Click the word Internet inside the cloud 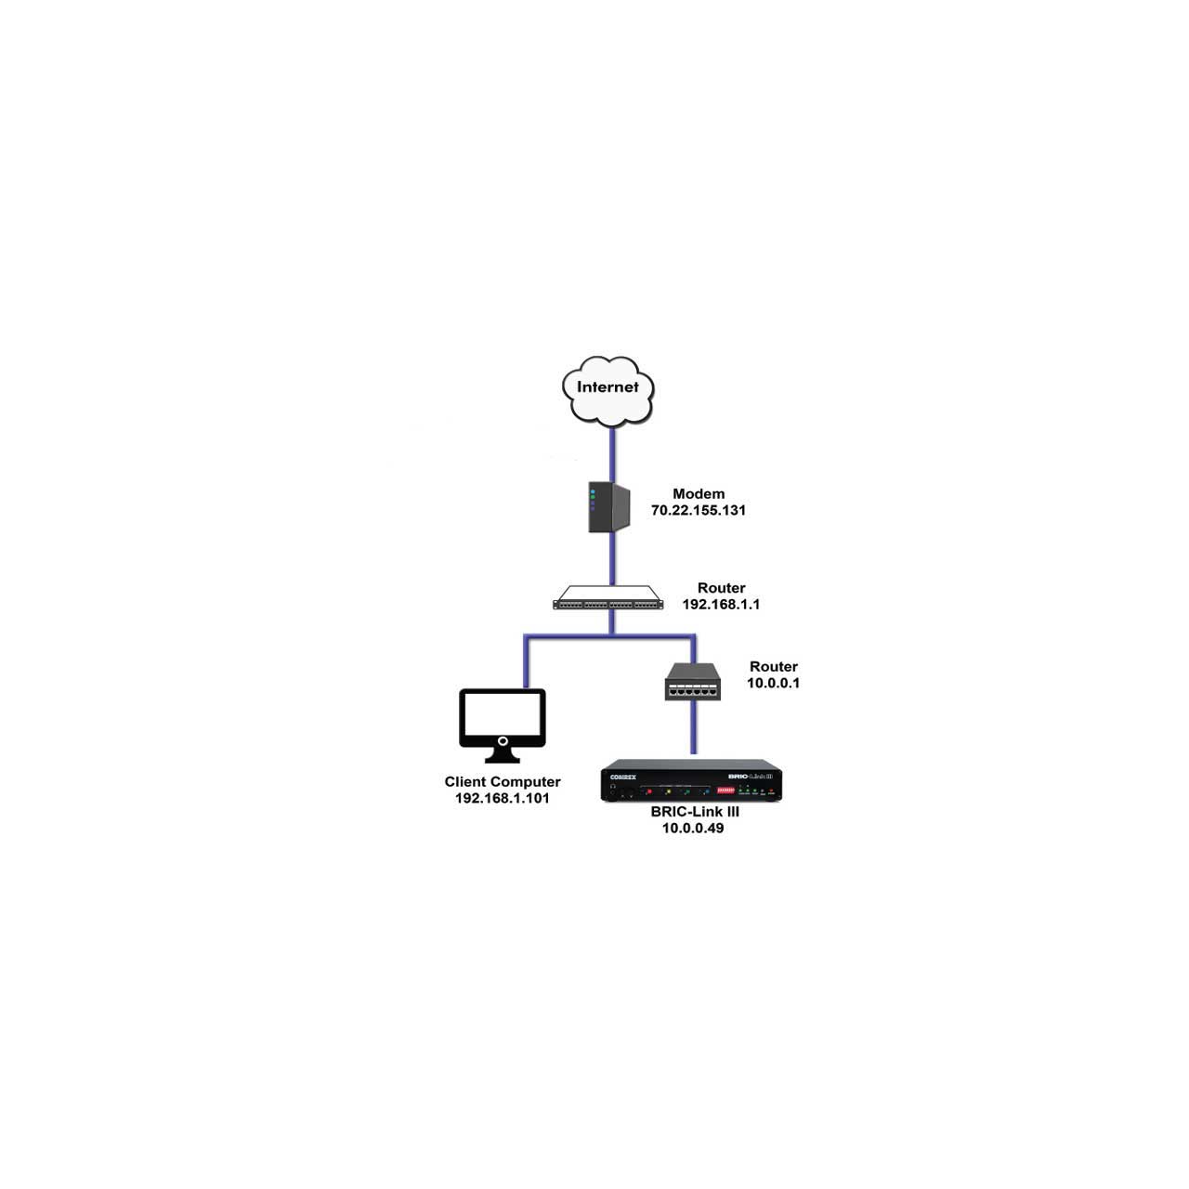(608, 386)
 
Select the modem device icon (609, 506)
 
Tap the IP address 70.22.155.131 (698, 510)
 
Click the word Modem (699, 493)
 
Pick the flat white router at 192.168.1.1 (608, 597)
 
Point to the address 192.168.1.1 (721, 604)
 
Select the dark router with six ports (693, 682)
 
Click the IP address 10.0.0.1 (773, 683)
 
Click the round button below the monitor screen (503, 741)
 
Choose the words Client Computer (503, 782)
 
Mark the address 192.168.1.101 (503, 799)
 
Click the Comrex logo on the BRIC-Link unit (622, 777)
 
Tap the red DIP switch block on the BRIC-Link (725, 790)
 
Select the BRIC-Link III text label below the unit (695, 812)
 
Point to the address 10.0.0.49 (693, 828)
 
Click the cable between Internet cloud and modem (612, 455)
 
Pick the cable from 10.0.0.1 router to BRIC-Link (693, 727)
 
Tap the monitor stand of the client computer (503, 754)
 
